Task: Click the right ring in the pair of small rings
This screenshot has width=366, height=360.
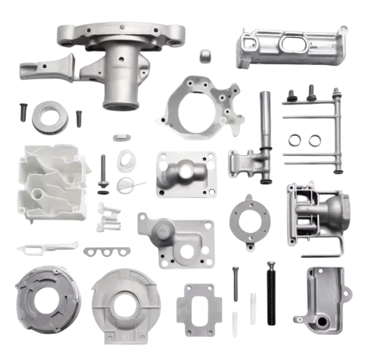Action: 315,138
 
